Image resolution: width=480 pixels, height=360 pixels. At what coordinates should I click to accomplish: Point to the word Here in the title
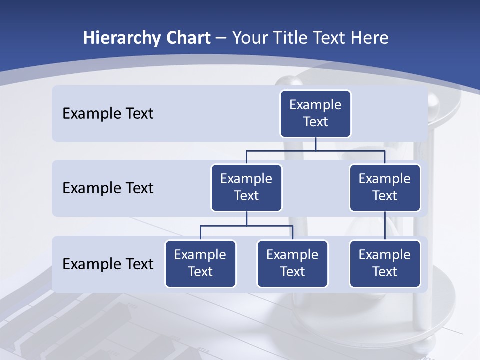[x=370, y=38]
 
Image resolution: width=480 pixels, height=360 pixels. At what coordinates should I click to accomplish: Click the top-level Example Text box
[x=315, y=113]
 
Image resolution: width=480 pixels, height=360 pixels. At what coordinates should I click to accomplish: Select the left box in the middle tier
[x=246, y=187]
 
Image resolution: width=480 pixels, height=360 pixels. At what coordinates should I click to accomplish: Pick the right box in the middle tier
[x=385, y=187]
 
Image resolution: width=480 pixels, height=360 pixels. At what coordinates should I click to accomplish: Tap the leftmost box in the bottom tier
[x=200, y=263]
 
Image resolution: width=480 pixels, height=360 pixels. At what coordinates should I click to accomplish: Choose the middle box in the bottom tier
[x=292, y=263]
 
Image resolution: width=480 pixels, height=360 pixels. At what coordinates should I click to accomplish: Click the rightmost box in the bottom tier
[x=385, y=263]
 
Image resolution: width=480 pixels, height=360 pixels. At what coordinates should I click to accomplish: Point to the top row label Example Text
[x=108, y=114]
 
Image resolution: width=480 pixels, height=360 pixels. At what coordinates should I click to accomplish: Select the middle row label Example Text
[x=108, y=188]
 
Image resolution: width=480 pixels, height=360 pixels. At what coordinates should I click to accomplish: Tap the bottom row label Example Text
[x=108, y=264]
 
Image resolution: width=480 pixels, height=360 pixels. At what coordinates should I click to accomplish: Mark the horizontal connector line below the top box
[x=315, y=150]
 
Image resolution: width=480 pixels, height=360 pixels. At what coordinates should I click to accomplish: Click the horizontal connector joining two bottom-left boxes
[x=246, y=226]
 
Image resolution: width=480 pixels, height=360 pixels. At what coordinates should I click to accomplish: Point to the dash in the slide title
[x=221, y=39]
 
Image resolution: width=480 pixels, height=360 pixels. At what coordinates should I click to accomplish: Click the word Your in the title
[x=249, y=38]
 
